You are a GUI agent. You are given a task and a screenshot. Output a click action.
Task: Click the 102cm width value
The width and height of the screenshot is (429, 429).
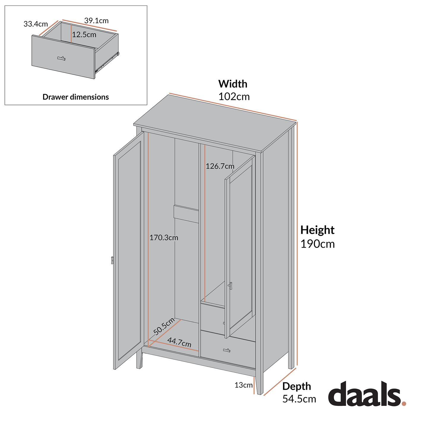[x=234, y=97]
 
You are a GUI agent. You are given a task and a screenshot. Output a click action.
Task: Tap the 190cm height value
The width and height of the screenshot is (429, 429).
[x=317, y=244]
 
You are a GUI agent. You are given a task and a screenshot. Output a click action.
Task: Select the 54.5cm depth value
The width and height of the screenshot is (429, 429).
[x=299, y=399]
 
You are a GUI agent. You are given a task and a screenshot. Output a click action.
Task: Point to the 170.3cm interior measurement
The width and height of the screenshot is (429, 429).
[x=164, y=238]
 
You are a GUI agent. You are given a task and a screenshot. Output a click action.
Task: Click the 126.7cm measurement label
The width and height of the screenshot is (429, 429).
[x=220, y=166]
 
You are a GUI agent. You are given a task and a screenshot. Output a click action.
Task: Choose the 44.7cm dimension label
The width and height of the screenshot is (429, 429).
[x=179, y=342]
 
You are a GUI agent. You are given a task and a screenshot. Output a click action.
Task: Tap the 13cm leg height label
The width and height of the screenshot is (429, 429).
[x=243, y=385]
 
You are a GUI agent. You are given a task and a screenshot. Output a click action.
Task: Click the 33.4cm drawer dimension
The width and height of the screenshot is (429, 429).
[x=36, y=24]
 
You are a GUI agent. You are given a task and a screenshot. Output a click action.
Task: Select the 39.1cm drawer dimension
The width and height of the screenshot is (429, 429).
[x=96, y=21]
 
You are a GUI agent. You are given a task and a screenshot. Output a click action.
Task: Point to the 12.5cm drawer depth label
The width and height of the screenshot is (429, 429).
[x=84, y=35]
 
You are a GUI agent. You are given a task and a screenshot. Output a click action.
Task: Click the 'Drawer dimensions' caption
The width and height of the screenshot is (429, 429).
[x=76, y=97]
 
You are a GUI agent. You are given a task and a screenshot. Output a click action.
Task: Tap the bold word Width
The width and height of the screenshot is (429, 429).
[x=233, y=84]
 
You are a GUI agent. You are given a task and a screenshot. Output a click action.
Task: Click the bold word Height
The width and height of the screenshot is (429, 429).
[x=317, y=230]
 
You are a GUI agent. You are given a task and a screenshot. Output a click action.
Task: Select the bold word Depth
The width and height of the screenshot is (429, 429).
[x=297, y=386]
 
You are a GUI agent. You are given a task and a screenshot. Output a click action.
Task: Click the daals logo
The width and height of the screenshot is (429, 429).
[x=367, y=394]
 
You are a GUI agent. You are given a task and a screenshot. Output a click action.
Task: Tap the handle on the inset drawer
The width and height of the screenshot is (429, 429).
[x=61, y=58]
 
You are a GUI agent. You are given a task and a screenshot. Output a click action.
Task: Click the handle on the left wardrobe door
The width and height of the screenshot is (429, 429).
[x=112, y=260]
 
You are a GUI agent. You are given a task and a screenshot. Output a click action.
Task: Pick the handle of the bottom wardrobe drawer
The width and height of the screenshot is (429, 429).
[x=227, y=350]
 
